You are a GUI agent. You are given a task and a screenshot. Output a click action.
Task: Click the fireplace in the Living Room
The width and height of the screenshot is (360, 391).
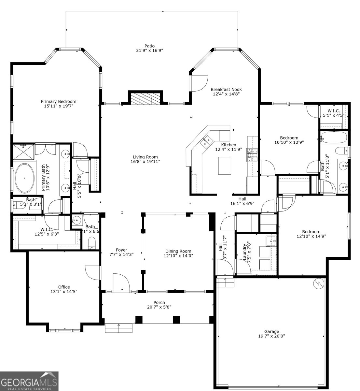[145, 99]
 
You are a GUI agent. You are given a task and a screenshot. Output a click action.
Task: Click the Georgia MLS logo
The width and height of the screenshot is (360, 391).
[29, 381]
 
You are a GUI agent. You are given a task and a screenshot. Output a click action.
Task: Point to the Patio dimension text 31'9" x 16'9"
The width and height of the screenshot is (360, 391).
[149, 51]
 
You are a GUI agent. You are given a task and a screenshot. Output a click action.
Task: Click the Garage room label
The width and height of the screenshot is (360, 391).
[271, 331]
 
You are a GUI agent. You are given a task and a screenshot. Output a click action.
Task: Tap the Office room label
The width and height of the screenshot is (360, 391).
[64, 287]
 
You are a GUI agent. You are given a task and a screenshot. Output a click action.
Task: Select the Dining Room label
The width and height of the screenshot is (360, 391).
[178, 251]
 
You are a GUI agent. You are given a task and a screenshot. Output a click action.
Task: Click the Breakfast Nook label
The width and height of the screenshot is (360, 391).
[226, 89]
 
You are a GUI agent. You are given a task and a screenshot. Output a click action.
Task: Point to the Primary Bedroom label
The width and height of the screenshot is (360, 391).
[58, 101]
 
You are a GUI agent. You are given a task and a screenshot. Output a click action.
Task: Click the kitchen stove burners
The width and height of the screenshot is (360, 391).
[252, 155]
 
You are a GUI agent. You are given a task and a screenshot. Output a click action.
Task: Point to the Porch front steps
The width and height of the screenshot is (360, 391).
[119, 328]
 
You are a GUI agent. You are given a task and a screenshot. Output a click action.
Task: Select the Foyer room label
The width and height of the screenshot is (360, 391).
[121, 250]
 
